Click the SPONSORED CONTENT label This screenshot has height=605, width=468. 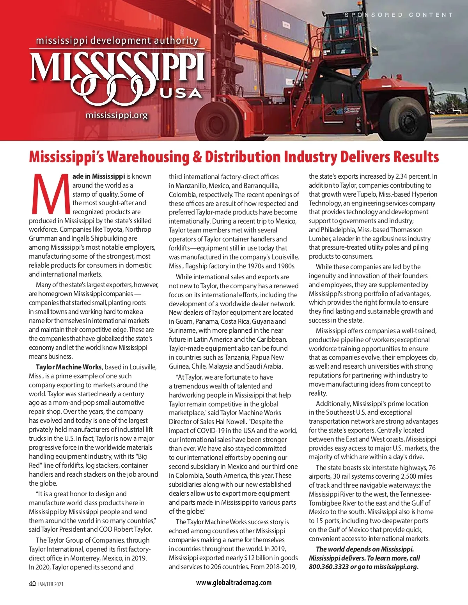pos(399,15)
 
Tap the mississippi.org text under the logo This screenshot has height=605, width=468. pos(117,115)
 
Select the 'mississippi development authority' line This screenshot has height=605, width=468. pos(117,41)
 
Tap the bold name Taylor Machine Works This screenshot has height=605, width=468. pos(69,367)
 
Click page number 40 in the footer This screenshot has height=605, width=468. pos(32,584)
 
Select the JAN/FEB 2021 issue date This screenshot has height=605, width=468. pos(51,584)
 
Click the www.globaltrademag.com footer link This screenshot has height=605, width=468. pos(234,582)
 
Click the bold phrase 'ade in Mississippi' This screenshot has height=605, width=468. pos(99,176)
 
